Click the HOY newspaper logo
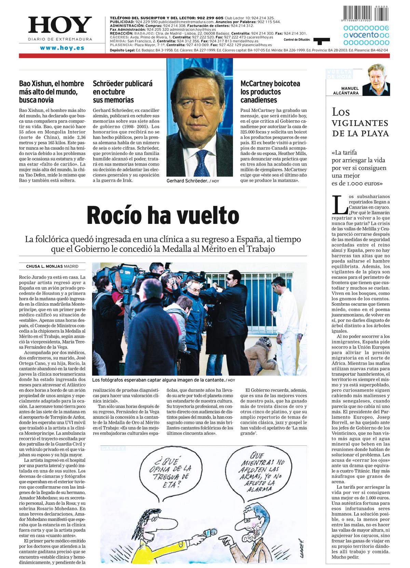(60, 26)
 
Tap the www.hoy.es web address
(62, 48)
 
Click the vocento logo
(366, 35)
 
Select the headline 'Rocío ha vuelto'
(163, 215)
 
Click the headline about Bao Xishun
(52, 92)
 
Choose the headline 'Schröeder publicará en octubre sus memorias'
(123, 92)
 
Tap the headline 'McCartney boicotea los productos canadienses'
(270, 92)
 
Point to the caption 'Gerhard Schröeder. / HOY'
(193, 181)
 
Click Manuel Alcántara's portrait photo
(376, 80)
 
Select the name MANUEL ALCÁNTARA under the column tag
(345, 91)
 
